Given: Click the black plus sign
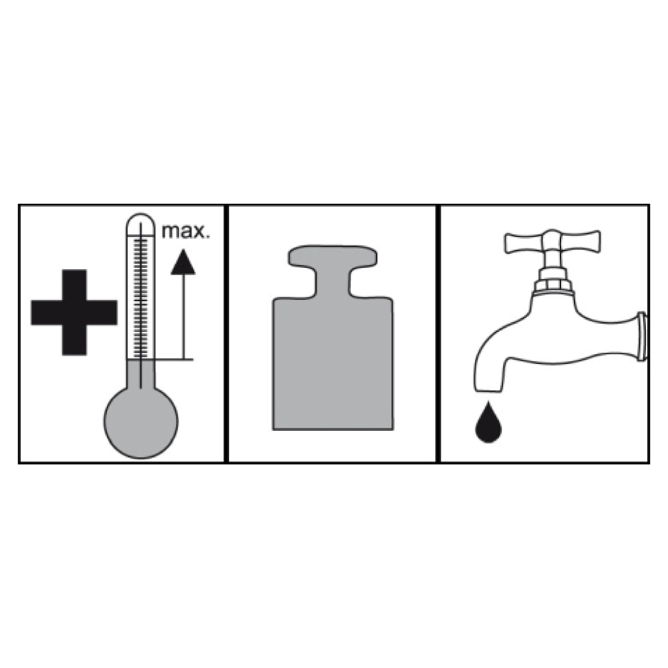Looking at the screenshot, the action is [x=74, y=312].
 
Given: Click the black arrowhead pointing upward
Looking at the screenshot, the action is [x=183, y=262].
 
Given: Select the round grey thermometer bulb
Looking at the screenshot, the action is [x=141, y=422].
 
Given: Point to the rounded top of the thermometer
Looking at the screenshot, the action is [x=140, y=222].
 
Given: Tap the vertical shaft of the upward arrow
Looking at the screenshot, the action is [x=184, y=317].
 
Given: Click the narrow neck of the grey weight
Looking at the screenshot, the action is [x=333, y=281].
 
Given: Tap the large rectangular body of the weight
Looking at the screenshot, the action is [x=333, y=363].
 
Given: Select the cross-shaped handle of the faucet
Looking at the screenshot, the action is [x=552, y=242].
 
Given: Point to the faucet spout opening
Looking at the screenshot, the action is [x=488, y=390].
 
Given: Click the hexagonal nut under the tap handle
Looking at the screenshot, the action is [x=552, y=284].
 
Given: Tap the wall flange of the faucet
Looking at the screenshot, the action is [x=642, y=337].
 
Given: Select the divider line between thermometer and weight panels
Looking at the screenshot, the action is [x=226, y=333].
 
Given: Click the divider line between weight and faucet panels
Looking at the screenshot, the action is [x=438, y=333].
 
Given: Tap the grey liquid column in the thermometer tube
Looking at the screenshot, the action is [x=140, y=373].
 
